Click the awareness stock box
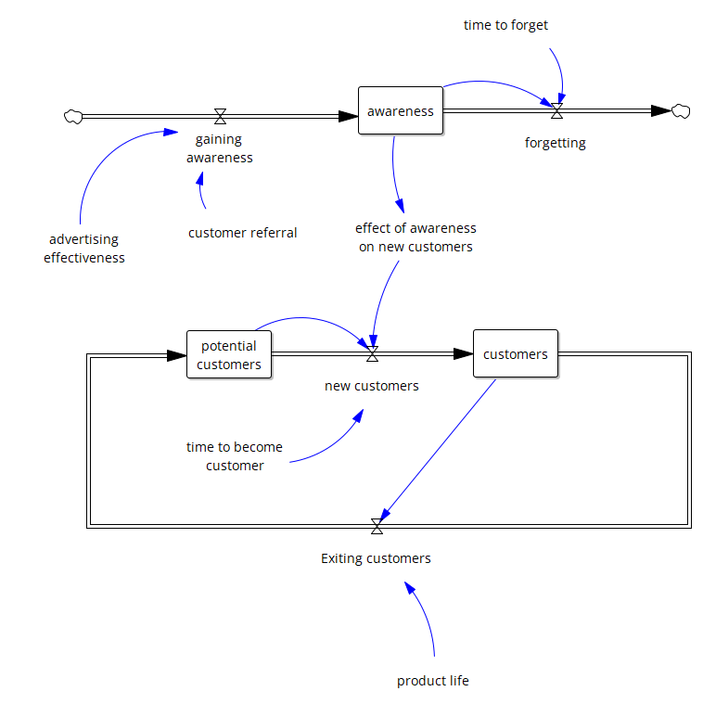(401, 110)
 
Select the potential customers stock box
(229, 355)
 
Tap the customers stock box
(516, 353)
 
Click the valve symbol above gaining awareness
(220, 116)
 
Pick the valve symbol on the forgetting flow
(556, 111)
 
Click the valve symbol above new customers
(372, 354)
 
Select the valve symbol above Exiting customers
(377, 526)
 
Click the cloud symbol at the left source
(72, 116)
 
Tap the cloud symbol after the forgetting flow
(681, 111)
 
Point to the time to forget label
(505, 25)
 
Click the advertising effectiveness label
(84, 249)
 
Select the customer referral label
(243, 233)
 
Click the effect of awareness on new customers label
(415, 237)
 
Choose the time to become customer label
(235, 456)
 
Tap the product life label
(433, 681)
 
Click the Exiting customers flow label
(376, 558)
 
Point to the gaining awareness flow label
(220, 148)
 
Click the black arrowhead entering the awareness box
(348, 116)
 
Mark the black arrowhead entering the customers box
(464, 354)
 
